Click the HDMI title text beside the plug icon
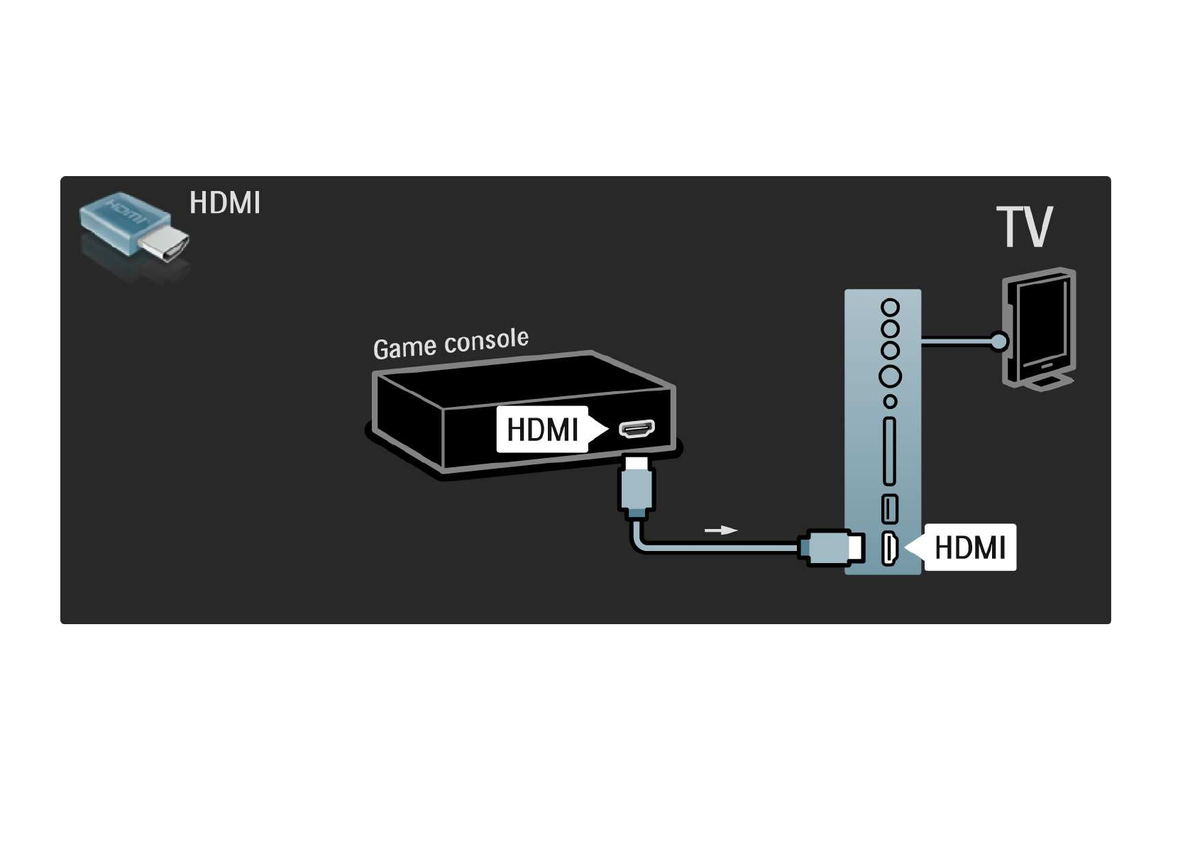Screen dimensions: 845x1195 coord(225,203)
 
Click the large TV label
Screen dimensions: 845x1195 coord(1024,227)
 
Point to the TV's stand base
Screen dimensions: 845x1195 coord(1047,383)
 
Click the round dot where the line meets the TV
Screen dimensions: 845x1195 coord(998,342)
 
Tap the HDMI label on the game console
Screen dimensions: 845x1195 coord(542,430)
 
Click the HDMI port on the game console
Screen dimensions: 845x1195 coord(637,429)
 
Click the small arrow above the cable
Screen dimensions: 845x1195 coord(720,530)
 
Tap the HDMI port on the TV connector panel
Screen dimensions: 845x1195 coord(889,549)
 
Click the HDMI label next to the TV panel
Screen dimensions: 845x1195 coord(969,547)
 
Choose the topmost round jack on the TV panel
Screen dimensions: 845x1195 coord(890,307)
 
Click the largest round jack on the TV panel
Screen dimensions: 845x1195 coord(890,376)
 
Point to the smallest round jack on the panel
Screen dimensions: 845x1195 coord(890,402)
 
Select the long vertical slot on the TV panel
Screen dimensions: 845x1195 coord(889,452)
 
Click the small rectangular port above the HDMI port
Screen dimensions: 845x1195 coord(889,508)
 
